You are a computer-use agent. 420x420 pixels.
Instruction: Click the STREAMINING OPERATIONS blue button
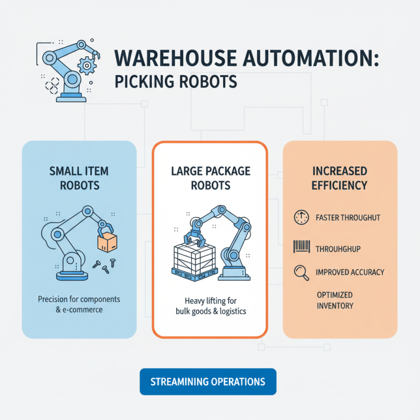pyautogui.click(x=208, y=382)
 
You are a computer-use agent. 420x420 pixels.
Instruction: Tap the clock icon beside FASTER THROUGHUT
pyautogui.click(x=300, y=217)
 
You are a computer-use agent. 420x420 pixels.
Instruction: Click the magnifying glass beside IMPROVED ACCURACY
pyautogui.click(x=301, y=272)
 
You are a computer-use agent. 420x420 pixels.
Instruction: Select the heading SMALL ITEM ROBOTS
pyautogui.click(x=79, y=178)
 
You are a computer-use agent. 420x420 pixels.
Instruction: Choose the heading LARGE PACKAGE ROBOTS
pyautogui.click(x=210, y=178)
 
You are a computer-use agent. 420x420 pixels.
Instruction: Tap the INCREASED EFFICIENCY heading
pyautogui.click(x=340, y=178)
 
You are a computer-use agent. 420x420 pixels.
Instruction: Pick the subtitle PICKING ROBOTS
pyautogui.click(x=174, y=82)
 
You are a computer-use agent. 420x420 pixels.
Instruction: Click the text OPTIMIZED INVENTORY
pyautogui.click(x=335, y=300)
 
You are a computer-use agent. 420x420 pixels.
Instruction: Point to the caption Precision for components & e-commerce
pyautogui.click(x=79, y=304)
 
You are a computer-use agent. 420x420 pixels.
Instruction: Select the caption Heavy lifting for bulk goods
pyautogui.click(x=210, y=306)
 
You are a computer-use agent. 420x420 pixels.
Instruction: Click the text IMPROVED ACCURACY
pyautogui.click(x=350, y=272)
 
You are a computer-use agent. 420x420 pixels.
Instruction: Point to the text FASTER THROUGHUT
pyautogui.click(x=348, y=217)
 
